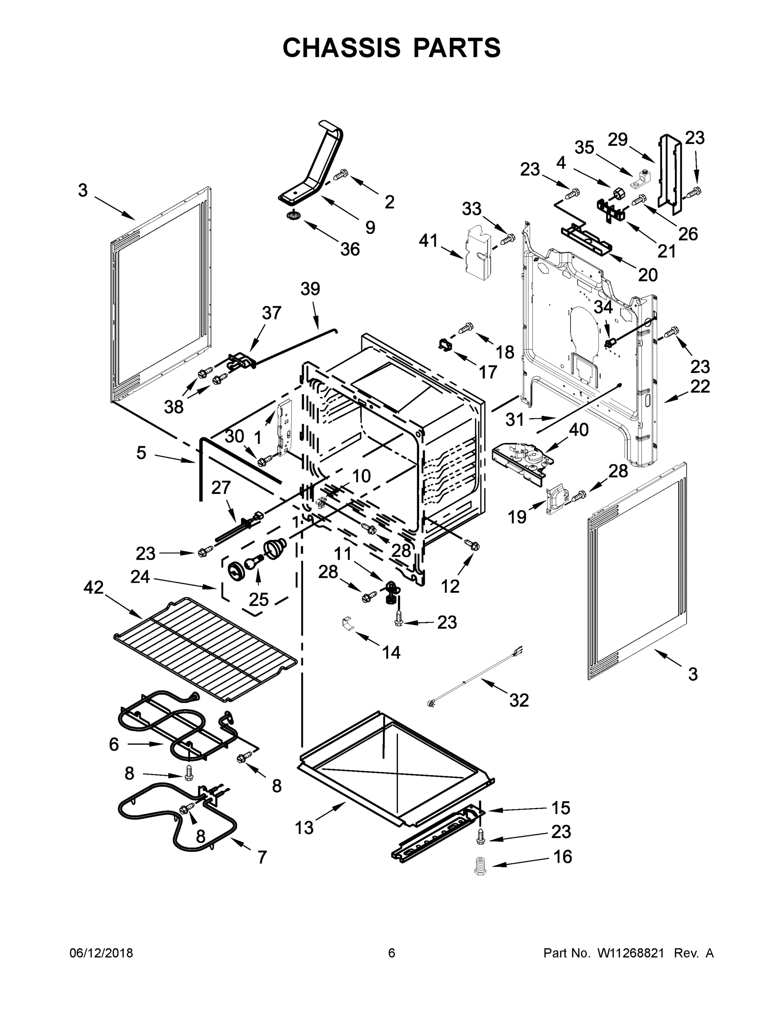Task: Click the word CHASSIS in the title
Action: [341, 47]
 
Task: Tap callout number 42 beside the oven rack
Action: [94, 588]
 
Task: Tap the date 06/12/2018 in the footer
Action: [101, 953]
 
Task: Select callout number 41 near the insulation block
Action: [428, 241]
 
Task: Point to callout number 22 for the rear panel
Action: [700, 386]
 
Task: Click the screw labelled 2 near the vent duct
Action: [341, 176]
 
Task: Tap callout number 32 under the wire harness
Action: [519, 700]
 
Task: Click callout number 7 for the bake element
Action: [262, 857]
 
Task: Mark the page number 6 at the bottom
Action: [392, 953]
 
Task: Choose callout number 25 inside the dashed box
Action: [258, 599]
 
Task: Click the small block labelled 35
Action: [644, 179]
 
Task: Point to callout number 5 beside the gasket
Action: [141, 453]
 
